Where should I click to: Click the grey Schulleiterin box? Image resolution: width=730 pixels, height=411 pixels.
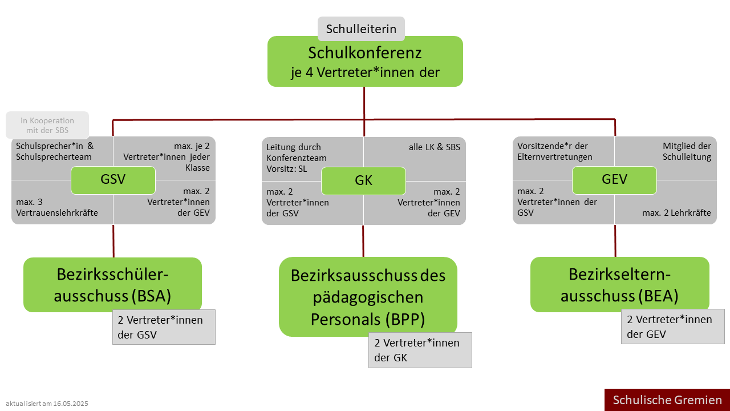pos(361,29)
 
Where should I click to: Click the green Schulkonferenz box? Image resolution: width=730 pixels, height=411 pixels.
pos(365,61)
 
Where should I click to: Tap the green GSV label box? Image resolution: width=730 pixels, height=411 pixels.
pos(113,180)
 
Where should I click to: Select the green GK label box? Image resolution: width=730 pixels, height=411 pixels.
pos(363,181)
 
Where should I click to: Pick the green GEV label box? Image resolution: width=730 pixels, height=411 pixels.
pos(614,180)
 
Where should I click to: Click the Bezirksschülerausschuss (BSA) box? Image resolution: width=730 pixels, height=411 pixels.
pos(112,285)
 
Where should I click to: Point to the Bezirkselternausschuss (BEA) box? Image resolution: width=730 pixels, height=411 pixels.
pos(620,284)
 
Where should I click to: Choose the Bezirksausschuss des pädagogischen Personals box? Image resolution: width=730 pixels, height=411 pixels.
pos(368,297)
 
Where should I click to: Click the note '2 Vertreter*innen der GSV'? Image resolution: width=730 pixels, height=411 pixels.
pos(164,327)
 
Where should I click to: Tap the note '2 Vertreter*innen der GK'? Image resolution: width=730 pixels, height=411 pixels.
pos(420,350)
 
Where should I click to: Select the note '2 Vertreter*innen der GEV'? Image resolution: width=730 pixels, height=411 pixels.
pos(672,327)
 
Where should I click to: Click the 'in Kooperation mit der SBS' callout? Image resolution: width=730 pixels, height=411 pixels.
pos(47,125)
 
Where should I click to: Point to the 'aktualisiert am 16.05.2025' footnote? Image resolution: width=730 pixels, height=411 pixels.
pos(47,404)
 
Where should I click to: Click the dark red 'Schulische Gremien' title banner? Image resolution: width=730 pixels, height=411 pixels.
pos(667,400)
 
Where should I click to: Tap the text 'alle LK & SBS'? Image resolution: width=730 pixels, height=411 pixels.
pos(435,147)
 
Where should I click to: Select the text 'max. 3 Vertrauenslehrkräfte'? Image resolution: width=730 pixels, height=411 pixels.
pos(57,207)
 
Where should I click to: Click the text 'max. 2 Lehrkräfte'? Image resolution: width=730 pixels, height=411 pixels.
pos(676,213)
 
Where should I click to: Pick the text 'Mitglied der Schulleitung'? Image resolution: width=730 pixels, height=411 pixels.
pos(687,151)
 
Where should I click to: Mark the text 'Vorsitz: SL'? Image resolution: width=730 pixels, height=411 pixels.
pos(286,169)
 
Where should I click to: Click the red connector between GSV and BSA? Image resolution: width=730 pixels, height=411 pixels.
pos(113,241)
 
